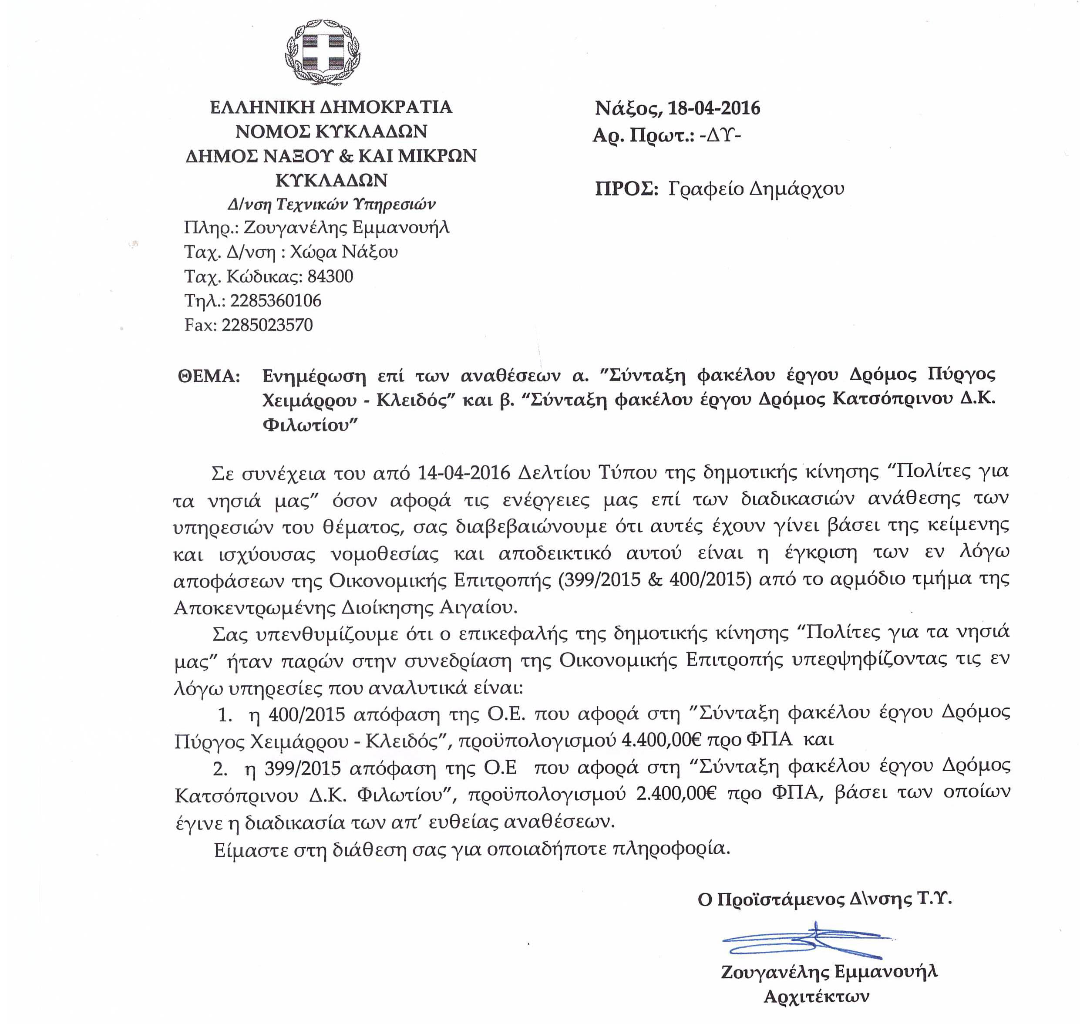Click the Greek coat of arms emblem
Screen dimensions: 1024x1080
tap(323, 53)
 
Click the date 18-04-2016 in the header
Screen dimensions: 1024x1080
tap(714, 108)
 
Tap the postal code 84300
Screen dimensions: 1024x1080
tap(330, 276)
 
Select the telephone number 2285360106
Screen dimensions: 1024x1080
tap(276, 301)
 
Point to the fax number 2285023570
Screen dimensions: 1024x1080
tap(267, 325)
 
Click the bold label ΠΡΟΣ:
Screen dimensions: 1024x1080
tap(626, 189)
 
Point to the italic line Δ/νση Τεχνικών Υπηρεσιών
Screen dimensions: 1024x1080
tap(331, 205)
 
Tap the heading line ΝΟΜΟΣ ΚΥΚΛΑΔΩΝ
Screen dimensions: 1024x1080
tap(331, 131)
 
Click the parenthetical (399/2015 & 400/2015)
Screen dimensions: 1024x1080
tap(652, 579)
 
